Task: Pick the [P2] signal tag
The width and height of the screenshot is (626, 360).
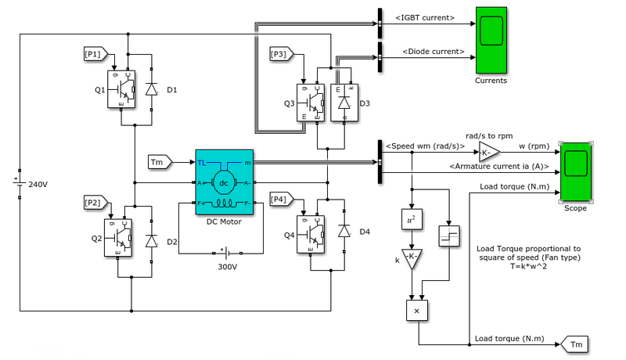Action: pos(93,203)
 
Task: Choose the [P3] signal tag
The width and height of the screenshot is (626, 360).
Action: pos(279,54)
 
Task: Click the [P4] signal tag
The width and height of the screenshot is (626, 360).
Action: pos(279,197)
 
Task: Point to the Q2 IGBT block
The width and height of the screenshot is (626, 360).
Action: pos(121,239)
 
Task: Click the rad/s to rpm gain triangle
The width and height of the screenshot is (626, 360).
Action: pos(488,151)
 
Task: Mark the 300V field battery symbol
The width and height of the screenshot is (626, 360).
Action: pos(225,253)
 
